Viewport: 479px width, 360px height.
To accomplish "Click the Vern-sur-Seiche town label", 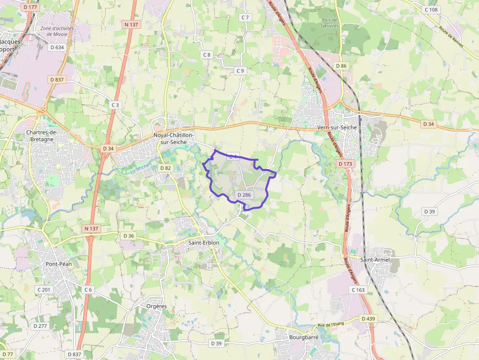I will tap(337, 127).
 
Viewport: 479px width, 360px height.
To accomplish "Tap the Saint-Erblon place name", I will tap(204, 242).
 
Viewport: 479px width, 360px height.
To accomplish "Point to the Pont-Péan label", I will tap(58, 264).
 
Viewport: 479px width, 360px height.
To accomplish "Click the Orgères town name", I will tap(156, 306).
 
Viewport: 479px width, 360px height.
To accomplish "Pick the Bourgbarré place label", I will tap(304, 337).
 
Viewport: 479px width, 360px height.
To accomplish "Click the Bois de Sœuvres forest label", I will tap(329, 23).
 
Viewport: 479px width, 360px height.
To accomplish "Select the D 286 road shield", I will tap(243, 195).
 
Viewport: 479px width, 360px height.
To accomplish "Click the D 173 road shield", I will tap(345, 164).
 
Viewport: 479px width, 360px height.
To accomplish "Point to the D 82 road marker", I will tap(166, 168).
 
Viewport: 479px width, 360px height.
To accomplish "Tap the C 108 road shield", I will tap(431, 10).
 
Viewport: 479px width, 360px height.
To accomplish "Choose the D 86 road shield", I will tap(341, 65).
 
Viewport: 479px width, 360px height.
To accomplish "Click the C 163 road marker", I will tap(358, 290).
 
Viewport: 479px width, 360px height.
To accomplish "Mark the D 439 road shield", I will tap(368, 318).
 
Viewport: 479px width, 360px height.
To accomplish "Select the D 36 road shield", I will tap(129, 236).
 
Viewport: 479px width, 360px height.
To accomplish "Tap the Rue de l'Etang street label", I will tap(331, 324).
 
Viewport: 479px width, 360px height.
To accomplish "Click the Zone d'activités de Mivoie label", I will tap(57, 31).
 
